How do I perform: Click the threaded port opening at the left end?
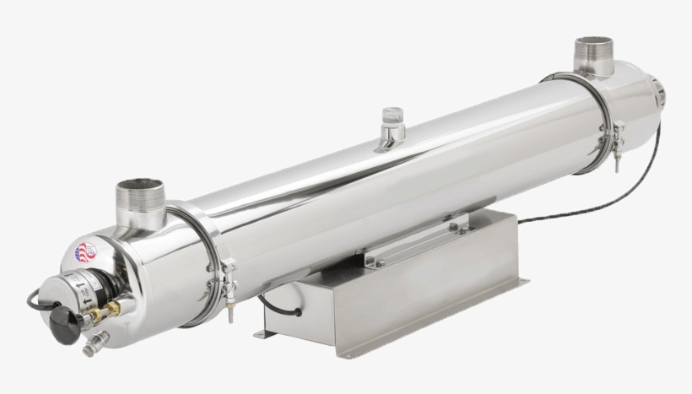coord(140,186)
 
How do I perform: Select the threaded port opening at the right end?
coord(594,44)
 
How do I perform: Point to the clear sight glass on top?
coord(392,116)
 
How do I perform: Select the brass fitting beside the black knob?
coord(95,315)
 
